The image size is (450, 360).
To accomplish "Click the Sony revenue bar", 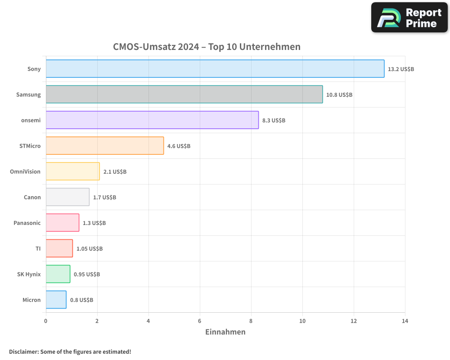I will [215, 68].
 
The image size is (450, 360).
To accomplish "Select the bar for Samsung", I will [184, 94].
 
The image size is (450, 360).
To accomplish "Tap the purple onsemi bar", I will [152, 120].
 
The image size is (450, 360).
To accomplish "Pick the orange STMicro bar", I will [105, 145].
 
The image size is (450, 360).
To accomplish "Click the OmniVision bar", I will [72, 171].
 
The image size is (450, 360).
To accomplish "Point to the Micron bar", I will [56, 300].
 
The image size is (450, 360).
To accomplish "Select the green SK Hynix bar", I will [58, 274].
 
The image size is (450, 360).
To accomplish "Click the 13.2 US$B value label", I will [401, 69].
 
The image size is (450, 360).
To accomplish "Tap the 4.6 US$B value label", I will [179, 146].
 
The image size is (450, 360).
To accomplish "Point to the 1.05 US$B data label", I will [90, 249].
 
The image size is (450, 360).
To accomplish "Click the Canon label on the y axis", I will [32, 197].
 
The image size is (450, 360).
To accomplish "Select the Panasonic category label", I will [27, 223].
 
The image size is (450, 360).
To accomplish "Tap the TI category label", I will [38, 248].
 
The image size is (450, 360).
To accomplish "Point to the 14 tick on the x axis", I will [405, 321].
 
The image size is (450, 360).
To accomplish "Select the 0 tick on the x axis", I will [46, 321].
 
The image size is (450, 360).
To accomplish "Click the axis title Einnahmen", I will [225, 332].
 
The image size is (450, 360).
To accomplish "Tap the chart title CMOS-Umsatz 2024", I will [207, 47].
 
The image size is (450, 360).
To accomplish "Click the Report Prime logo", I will [409, 18].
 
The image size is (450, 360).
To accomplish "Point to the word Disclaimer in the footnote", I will [23, 351].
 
